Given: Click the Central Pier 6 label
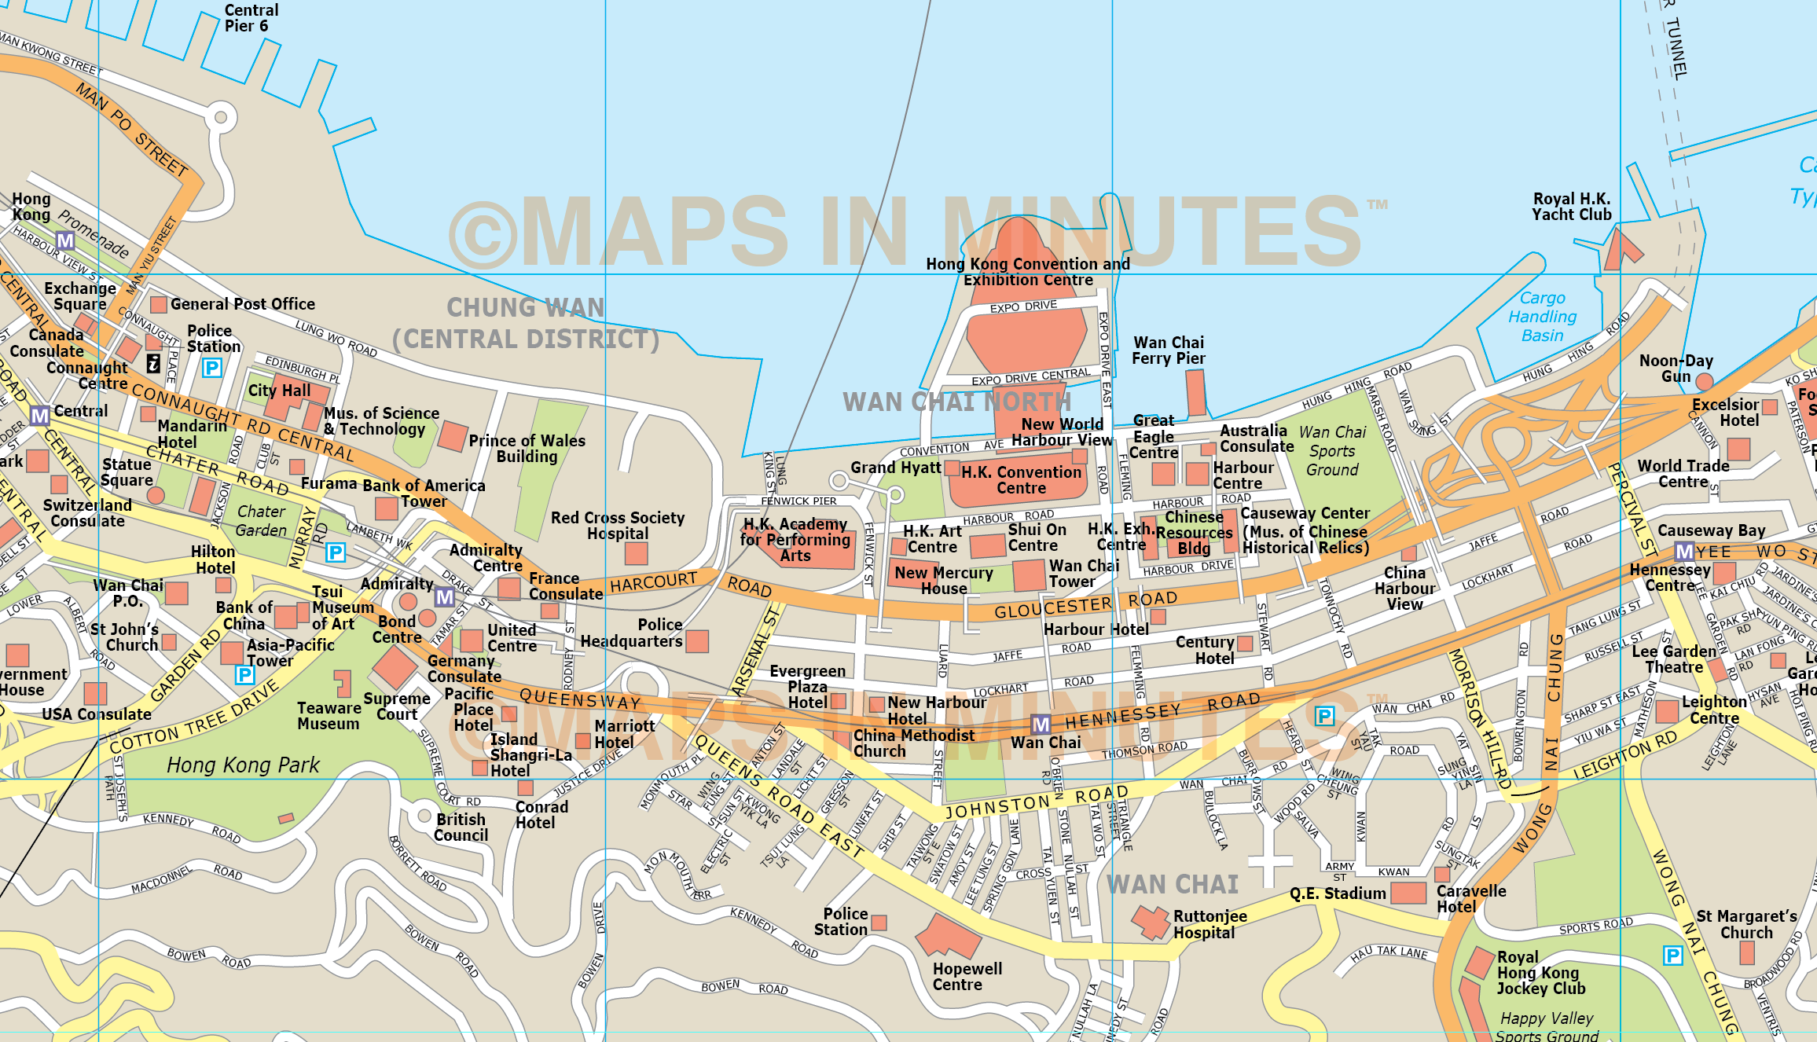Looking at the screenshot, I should point(251,18).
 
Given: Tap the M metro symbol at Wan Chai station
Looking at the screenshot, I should point(1041,725).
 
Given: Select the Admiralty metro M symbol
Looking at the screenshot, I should point(445,597).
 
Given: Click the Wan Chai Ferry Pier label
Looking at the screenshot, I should point(1168,350).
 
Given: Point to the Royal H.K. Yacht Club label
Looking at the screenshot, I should point(1571,207).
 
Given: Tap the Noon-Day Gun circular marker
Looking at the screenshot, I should point(1704,382).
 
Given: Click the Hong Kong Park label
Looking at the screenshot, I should point(243,765).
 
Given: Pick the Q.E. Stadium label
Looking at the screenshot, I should point(1337,893).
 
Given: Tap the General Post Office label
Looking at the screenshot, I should point(242,304).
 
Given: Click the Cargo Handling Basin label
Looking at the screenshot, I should point(1542,317).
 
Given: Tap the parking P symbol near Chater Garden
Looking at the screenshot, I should point(336,552).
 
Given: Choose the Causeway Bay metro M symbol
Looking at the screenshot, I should point(1684,551).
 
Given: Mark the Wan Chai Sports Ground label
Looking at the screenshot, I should point(1332,451).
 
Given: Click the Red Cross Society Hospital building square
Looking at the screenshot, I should point(636,553).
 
